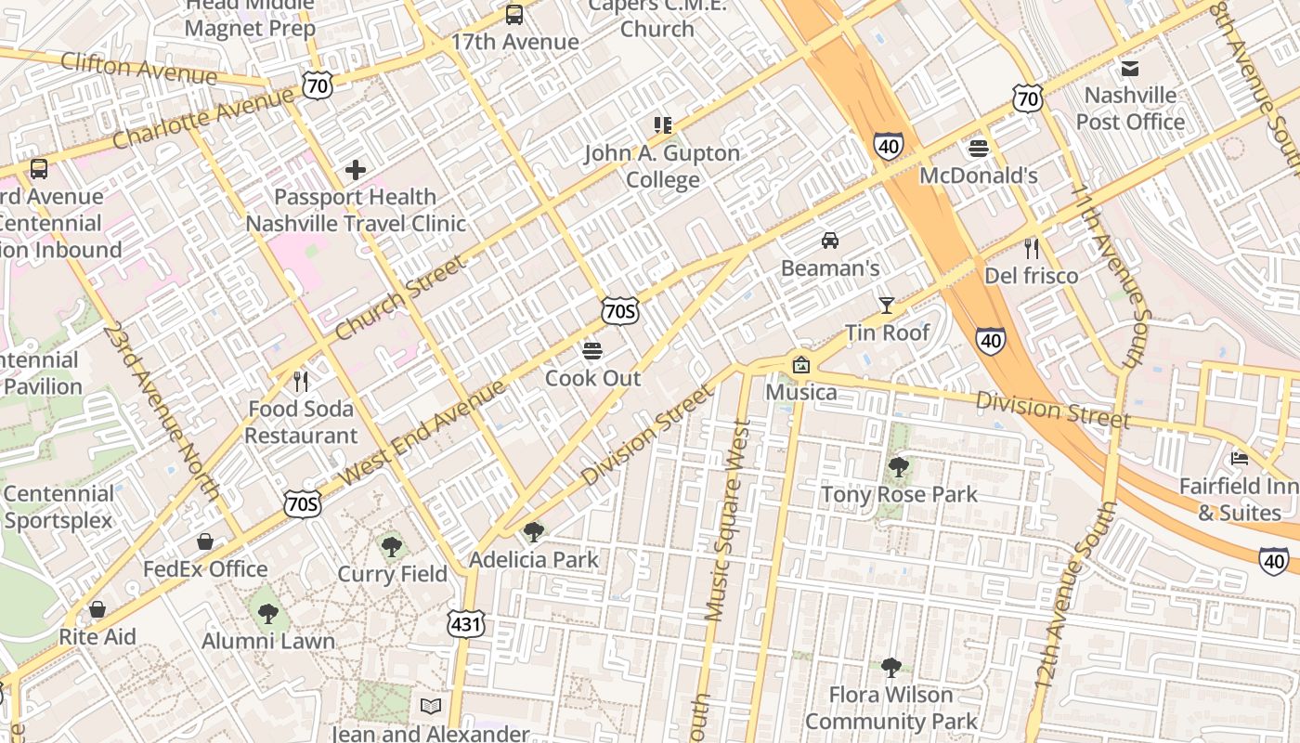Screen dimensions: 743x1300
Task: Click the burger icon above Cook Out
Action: (592, 351)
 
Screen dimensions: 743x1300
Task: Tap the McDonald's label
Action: (979, 176)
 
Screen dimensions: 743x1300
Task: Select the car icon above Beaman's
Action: (830, 241)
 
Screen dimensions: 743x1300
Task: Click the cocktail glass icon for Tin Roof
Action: (887, 305)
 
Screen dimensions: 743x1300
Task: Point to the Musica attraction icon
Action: (800, 365)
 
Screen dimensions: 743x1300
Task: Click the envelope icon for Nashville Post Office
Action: (1130, 68)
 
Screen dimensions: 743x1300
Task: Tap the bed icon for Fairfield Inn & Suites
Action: (1240, 458)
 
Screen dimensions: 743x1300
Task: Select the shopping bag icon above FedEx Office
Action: (205, 541)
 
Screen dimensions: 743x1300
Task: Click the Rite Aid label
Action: (97, 637)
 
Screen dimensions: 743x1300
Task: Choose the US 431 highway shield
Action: (465, 624)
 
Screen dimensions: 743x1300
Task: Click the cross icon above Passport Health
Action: (356, 170)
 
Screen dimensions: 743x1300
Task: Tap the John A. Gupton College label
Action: (662, 166)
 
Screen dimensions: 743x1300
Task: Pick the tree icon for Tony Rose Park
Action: (898, 467)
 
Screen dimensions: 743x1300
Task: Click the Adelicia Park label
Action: (534, 560)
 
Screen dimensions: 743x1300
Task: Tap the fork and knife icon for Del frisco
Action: (1031, 248)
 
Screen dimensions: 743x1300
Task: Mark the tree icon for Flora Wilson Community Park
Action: (890, 667)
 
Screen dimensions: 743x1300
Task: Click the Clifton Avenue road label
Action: (138, 68)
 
